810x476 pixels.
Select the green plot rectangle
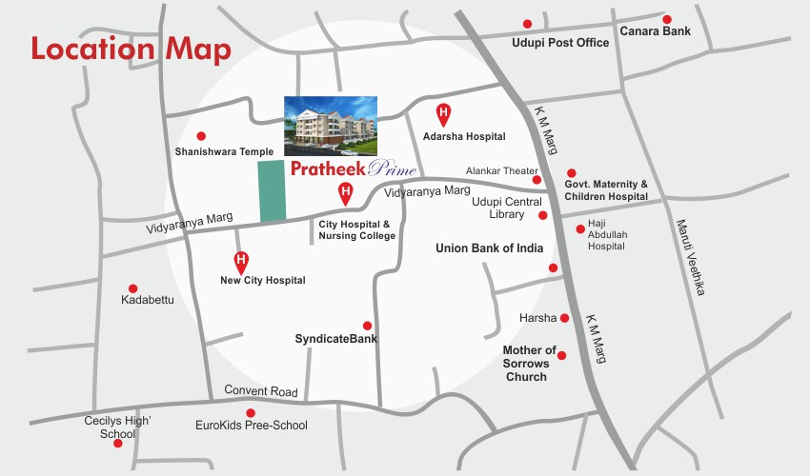pos(273,192)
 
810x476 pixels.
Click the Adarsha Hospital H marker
pos(443,114)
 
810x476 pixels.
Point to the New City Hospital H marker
pos(242,260)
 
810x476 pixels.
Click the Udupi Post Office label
pos(559,43)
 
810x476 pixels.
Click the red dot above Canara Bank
pos(667,19)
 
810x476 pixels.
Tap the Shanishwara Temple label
pos(224,151)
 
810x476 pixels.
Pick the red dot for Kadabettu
pos(132,288)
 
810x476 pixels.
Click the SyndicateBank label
pos(335,339)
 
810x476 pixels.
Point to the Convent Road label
pos(261,391)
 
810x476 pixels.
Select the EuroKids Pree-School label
pos(251,426)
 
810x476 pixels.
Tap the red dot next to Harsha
pos(564,318)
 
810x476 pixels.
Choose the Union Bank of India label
pos(489,248)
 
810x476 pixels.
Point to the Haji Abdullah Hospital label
pos(606,237)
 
